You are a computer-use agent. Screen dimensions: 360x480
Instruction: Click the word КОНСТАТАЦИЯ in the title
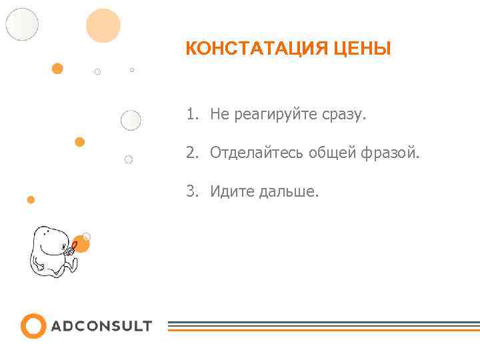[247, 49]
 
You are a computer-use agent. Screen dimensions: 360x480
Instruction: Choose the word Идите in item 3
[228, 192]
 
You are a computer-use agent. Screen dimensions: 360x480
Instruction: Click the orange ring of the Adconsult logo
[33, 326]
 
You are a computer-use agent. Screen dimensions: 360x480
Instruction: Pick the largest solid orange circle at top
[103, 26]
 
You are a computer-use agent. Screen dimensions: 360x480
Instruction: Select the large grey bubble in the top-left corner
[22, 24]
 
